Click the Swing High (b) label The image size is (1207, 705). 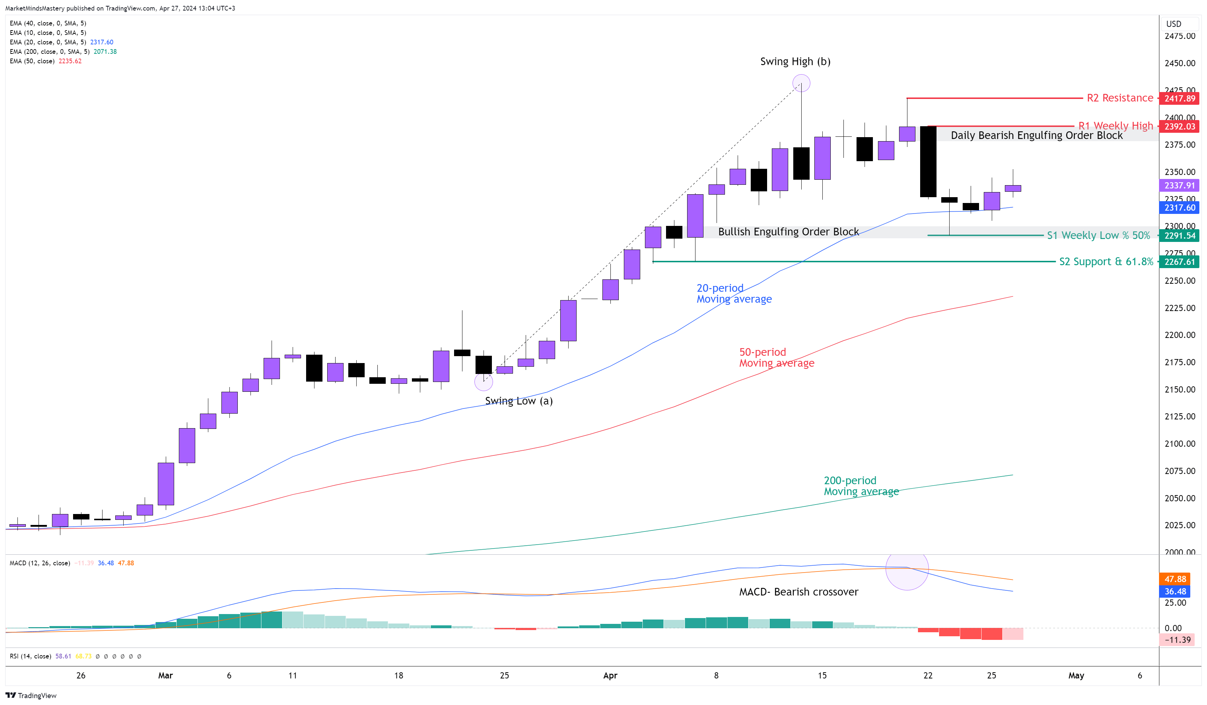coord(795,62)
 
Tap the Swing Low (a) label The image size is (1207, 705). coord(519,401)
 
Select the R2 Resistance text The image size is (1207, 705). coord(1120,98)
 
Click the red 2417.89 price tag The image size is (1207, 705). coord(1179,99)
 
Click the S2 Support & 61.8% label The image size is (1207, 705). coord(1106,262)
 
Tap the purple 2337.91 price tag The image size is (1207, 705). coord(1179,186)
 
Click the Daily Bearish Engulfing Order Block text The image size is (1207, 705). coord(1036,136)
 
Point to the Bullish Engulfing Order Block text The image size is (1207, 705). coord(789,232)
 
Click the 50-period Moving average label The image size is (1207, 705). coord(777,358)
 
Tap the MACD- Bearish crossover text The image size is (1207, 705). coord(798,592)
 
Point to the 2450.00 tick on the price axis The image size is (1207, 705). coord(1180,63)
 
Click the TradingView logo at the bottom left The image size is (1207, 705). coord(31,696)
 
